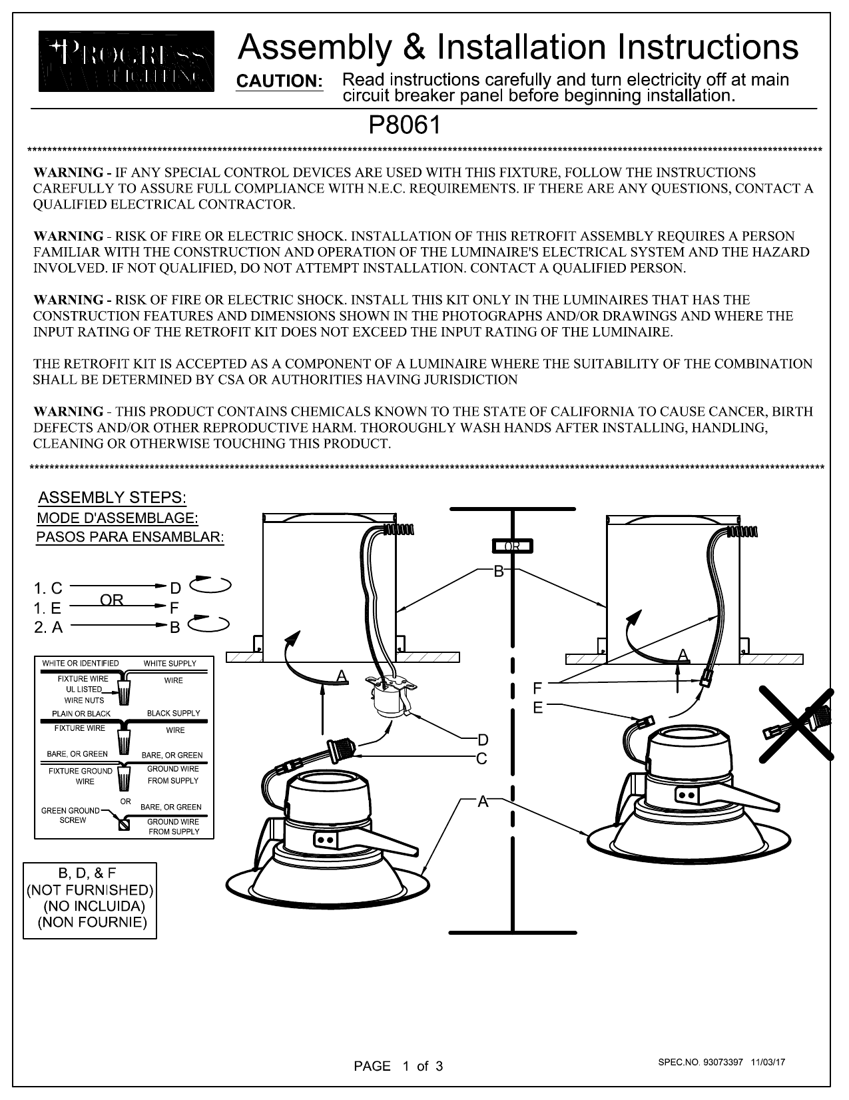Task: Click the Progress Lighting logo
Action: (x=127, y=61)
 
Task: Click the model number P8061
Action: (x=405, y=125)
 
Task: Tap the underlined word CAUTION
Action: (x=280, y=81)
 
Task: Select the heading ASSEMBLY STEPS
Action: (x=113, y=498)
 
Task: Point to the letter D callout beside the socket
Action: (x=483, y=740)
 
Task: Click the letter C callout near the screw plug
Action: (x=481, y=759)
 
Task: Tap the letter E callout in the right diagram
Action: (x=538, y=708)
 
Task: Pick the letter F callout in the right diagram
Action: (x=537, y=688)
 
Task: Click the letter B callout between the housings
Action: (x=499, y=572)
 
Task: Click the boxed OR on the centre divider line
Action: (x=513, y=546)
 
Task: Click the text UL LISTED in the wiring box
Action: (x=83, y=690)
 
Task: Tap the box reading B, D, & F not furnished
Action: (x=90, y=901)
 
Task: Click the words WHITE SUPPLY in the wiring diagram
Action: (x=170, y=663)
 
